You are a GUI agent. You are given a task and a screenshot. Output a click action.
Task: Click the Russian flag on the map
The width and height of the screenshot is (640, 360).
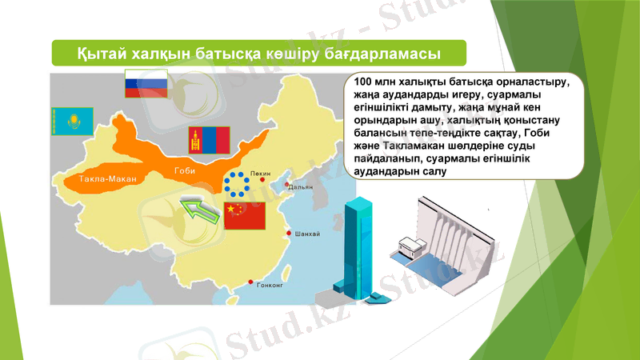point(146,83)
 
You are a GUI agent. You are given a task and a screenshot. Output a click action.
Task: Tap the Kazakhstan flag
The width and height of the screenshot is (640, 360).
point(73,122)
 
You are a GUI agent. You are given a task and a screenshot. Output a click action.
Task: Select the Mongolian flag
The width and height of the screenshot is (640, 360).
point(203,140)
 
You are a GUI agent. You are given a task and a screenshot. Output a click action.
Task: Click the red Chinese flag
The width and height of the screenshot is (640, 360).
point(243,214)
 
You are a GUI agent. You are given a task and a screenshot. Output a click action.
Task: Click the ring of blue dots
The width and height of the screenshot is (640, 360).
point(238,185)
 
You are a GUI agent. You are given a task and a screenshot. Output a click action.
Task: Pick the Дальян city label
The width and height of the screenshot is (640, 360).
point(301,187)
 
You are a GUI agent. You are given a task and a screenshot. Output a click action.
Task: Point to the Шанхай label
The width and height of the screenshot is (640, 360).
point(308,234)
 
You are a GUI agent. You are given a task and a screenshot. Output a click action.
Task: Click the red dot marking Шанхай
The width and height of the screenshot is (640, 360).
point(289,234)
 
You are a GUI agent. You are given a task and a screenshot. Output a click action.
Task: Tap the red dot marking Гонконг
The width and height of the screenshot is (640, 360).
point(252,282)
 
